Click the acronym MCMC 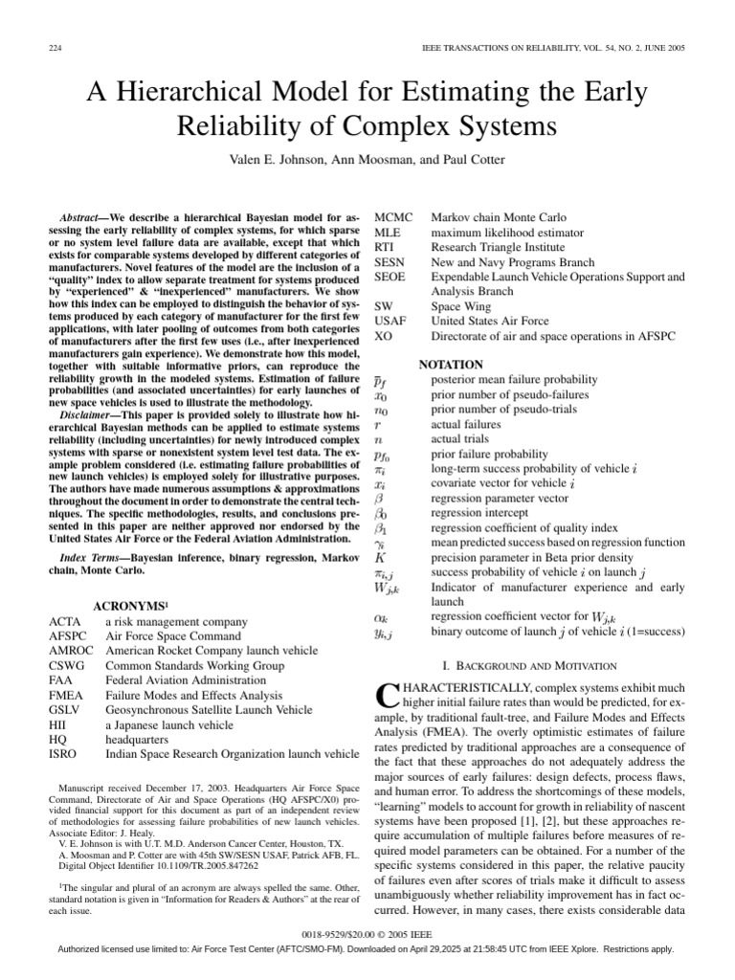click(393, 217)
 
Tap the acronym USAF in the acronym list click(390, 322)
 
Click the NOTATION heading click(450, 365)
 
